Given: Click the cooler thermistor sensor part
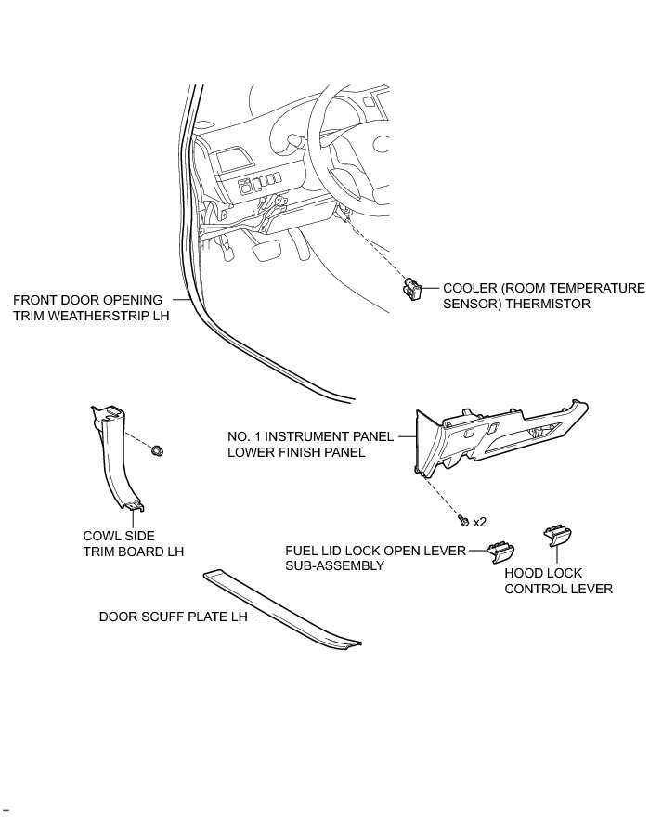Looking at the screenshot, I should (x=409, y=289).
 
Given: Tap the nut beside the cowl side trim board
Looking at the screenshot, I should (x=160, y=450).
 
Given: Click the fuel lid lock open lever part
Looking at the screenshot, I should (x=501, y=551).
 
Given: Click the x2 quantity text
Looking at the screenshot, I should (x=480, y=522).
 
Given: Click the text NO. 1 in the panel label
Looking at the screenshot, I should (x=243, y=435).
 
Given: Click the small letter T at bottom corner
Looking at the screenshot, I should (x=6, y=812).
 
